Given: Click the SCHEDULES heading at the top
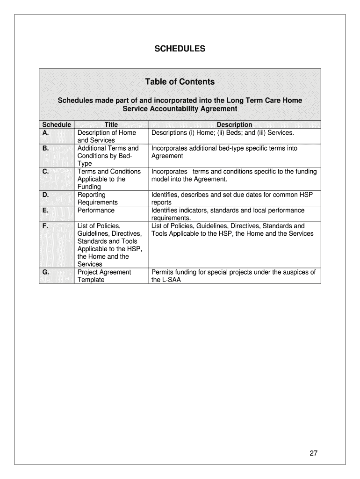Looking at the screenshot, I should pyautogui.click(x=180, y=49).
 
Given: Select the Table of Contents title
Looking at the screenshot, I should pyautogui.click(x=180, y=82).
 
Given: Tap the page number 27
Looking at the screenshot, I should pyautogui.click(x=313, y=453).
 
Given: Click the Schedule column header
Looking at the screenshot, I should pyautogui.click(x=57, y=124).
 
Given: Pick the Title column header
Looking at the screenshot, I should pyautogui.click(x=111, y=124).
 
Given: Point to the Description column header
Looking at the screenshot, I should pyautogui.click(x=234, y=124).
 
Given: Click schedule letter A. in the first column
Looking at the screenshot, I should pyautogui.click(x=46, y=132).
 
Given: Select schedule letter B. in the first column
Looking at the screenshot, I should pyautogui.click(x=46, y=148).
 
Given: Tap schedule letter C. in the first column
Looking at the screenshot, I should pyautogui.click(x=46, y=172).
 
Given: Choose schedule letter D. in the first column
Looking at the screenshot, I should pyautogui.click(x=46, y=195).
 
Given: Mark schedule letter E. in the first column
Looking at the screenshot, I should pyautogui.click(x=46, y=210).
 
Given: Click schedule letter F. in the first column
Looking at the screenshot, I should pyautogui.click(x=45, y=226).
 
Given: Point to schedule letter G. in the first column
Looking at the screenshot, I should pyautogui.click(x=46, y=272).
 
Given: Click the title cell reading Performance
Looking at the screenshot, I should pyautogui.click(x=96, y=210).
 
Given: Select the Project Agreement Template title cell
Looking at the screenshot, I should pyautogui.click(x=104, y=276).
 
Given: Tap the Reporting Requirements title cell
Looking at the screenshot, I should pyautogui.click(x=97, y=198).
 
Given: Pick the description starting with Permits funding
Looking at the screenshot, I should pyautogui.click(x=233, y=276).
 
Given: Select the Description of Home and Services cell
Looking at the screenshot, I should pyautogui.click(x=107, y=136).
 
